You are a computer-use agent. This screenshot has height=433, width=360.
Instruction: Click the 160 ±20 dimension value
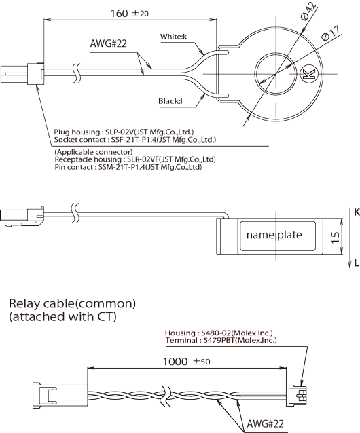click(129, 14)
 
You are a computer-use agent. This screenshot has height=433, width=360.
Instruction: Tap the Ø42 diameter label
click(308, 11)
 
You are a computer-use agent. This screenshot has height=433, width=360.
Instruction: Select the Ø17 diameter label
click(331, 33)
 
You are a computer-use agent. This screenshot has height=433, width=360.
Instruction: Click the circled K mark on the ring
click(308, 74)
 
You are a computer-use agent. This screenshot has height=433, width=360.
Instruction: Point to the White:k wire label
click(173, 37)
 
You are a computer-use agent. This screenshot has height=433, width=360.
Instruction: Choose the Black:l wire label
click(170, 101)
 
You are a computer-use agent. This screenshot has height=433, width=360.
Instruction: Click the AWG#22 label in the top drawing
click(108, 43)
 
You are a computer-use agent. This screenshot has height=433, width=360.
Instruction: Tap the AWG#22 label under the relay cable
click(265, 423)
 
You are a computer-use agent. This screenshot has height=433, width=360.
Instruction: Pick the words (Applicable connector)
click(94, 152)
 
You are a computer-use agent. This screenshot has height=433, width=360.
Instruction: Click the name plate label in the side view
click(274, 235)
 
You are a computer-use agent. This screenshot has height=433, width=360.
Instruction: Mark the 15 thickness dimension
click(335, 238)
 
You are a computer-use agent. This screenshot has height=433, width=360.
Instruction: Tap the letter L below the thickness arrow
click(357, 263)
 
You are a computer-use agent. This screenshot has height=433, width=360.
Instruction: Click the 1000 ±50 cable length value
click(187, 362)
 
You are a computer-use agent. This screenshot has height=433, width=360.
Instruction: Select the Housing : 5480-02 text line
click(219, 333)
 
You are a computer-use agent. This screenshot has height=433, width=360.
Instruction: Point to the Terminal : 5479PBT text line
click(221, 340)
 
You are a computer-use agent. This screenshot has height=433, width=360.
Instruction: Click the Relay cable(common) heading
click(73, 303)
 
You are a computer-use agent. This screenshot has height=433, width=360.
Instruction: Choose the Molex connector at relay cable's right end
click(296, 396)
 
